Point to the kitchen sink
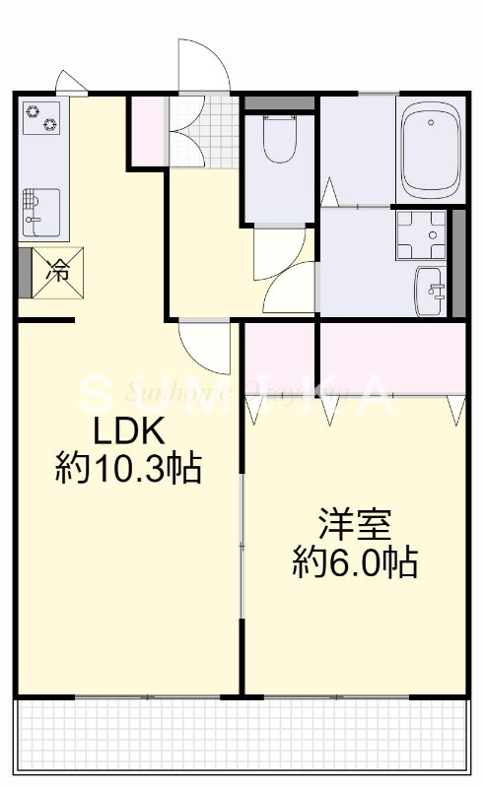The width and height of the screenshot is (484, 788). coord(40,210)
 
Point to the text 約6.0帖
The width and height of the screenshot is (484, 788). coord(355,561)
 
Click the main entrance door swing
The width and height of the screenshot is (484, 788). coord(203,67)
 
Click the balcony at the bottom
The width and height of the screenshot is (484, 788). coord(242,736)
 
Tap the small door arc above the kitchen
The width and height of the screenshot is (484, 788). coord(70,82)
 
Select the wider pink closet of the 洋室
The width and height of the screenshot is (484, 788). coord(390,357)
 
